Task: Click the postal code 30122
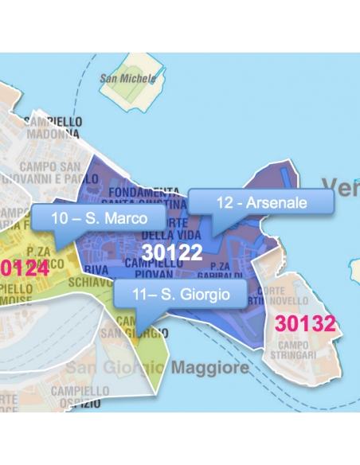(x=172, y=252)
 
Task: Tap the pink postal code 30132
(x=305, y=323)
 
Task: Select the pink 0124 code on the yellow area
(x=25, y=268)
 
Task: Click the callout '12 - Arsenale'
(x=261, y=202)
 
